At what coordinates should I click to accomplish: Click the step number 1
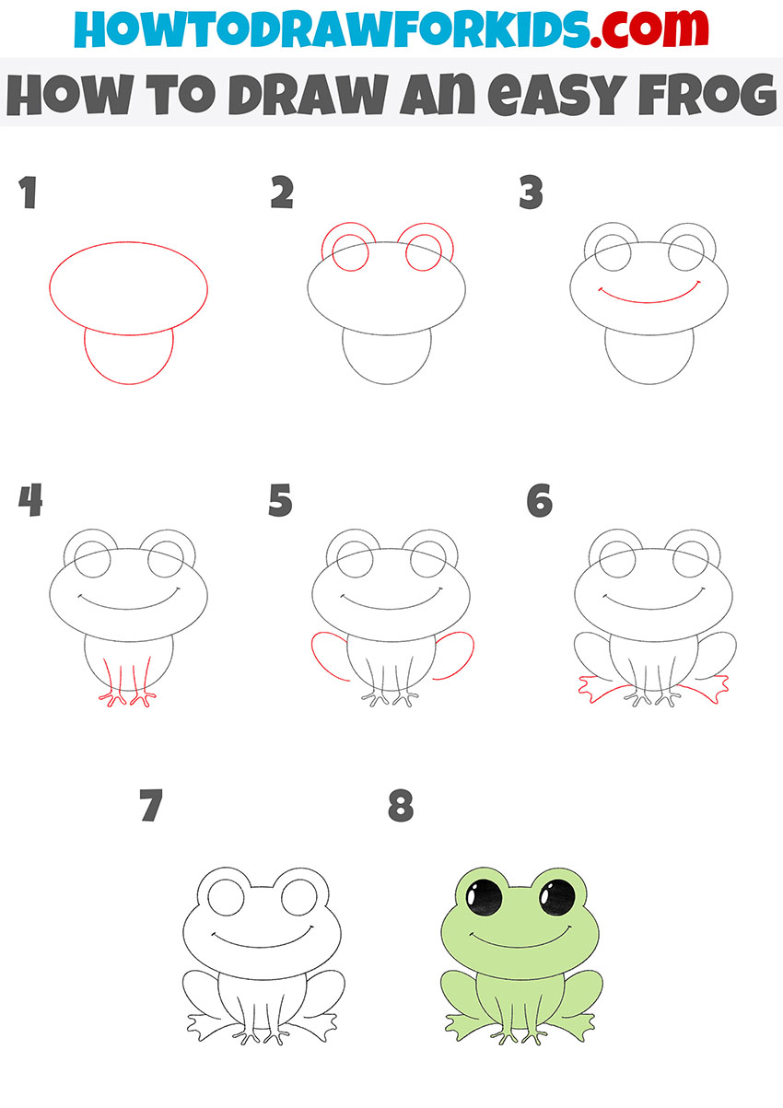[28, 193]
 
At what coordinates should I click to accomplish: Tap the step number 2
[282, 193]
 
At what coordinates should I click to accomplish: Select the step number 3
[531, 193]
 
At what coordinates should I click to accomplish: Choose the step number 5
[281, 501]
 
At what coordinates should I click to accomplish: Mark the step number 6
[539, 501]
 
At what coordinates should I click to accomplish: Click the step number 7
[151, 807]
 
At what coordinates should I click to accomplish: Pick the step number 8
[401, 807]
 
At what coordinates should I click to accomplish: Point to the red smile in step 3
[649, 297]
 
